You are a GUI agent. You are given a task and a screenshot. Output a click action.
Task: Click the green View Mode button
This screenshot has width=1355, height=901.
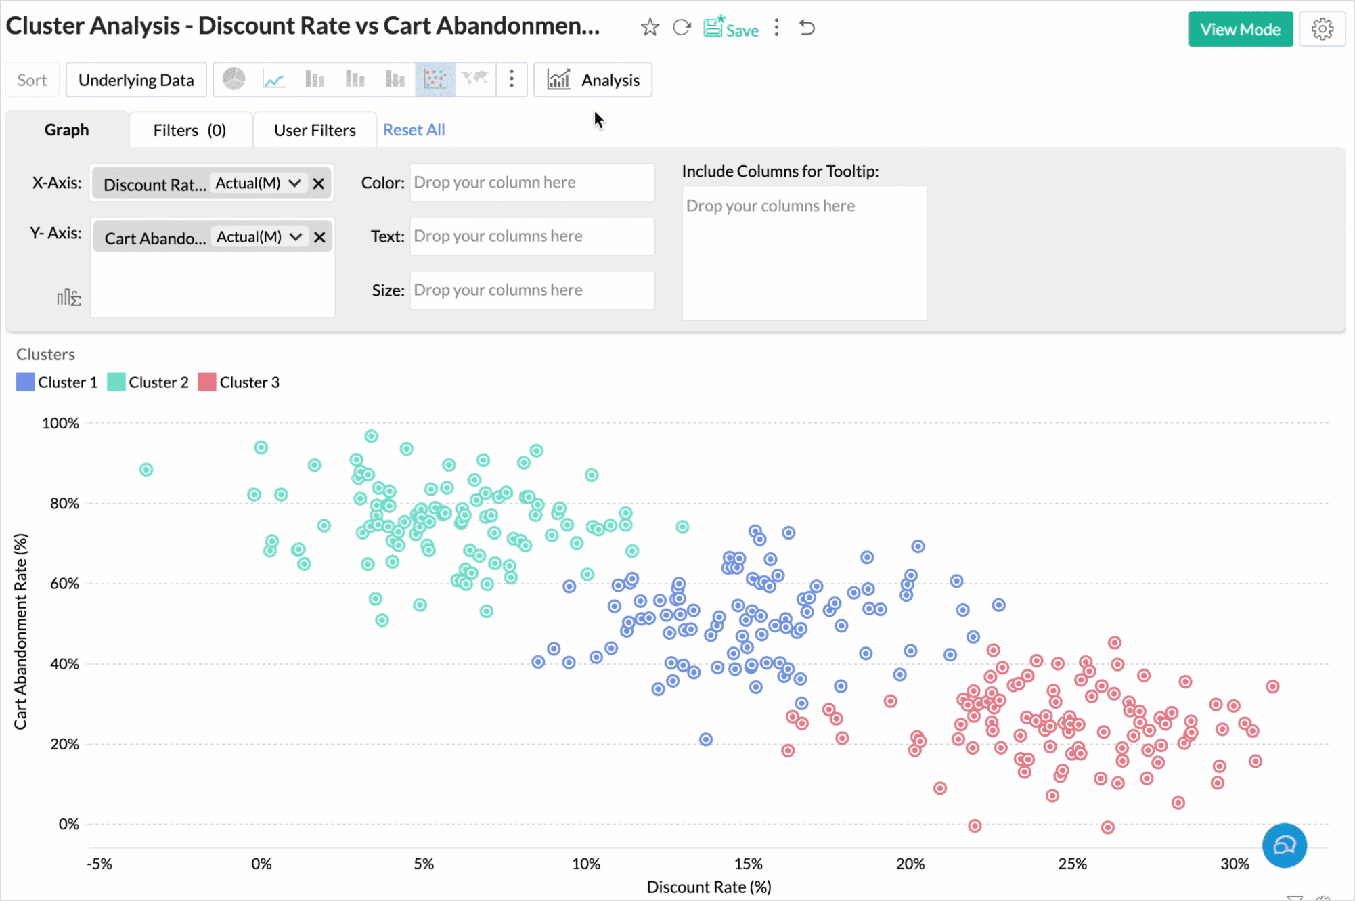1239,29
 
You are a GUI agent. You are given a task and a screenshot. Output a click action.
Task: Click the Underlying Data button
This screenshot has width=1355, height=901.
136,80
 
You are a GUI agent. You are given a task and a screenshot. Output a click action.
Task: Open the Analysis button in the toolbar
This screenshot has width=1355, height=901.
593,80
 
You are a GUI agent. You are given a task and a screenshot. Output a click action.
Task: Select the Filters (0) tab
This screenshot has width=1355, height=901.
190,130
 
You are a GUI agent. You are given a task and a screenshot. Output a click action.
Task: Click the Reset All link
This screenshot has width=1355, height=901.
414,130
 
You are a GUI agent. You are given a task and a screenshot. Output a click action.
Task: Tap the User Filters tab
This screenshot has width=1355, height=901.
315,130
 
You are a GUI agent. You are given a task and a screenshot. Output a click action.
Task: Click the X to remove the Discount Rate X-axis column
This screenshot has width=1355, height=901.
319,183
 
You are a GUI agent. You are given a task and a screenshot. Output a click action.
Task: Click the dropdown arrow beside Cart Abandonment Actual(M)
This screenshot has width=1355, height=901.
296,237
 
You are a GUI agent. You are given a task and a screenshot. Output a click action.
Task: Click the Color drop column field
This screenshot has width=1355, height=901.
531,182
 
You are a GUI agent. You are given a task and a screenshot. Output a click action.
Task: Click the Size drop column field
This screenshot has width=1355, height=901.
531,290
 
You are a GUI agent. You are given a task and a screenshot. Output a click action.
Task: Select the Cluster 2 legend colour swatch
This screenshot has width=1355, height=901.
116,382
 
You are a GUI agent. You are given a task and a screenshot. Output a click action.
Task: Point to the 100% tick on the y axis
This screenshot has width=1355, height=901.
61,424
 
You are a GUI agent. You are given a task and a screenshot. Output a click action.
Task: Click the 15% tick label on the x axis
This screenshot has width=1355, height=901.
748,864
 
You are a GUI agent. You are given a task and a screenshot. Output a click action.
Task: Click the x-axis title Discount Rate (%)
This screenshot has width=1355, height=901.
709,887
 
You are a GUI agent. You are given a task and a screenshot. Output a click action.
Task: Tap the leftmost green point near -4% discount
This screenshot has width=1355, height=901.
146,470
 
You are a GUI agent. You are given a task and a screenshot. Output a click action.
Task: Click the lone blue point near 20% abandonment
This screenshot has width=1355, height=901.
706,739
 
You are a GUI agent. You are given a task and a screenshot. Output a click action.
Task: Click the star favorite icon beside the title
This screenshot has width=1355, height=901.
650,28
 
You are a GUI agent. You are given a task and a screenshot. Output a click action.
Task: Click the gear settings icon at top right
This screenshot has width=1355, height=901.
1322,29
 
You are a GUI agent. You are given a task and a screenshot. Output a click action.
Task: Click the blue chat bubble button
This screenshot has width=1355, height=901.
1284,845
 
